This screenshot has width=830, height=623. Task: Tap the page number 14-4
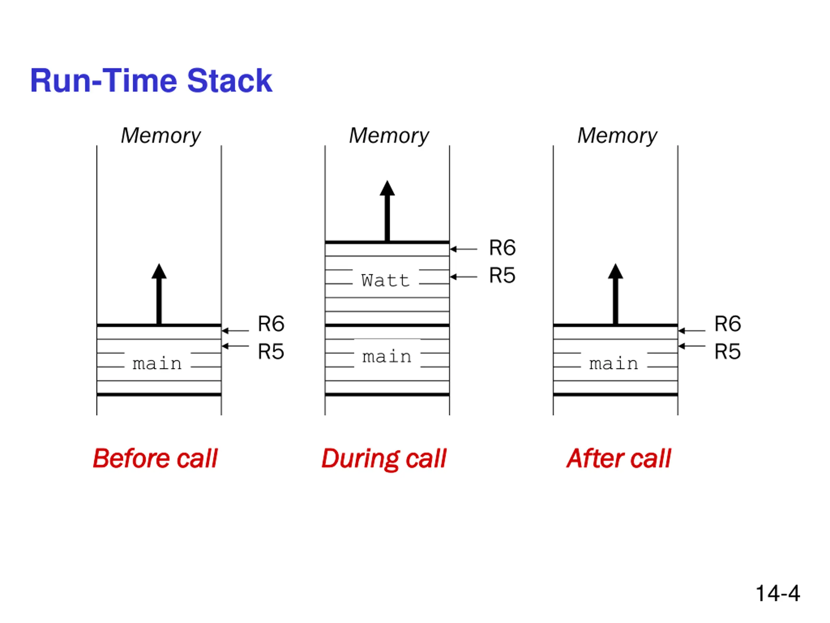coord(777,593)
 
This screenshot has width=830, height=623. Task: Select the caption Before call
coord(155,458)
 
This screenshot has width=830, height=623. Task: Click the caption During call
coord(384,459)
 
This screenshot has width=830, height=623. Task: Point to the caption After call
coord(618,458)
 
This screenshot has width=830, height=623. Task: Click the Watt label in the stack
coord(385,281)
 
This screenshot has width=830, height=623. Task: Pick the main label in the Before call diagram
coord(157,363)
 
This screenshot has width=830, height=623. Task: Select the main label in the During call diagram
coord(387,356)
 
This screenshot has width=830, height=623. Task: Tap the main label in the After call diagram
coord(613,363)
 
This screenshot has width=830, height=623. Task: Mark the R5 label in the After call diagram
coord(728,351)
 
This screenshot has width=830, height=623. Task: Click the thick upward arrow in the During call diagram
coord(387,211)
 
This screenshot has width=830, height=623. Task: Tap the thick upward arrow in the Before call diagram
coord(159,294)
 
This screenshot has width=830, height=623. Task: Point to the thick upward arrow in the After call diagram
coord(615,294)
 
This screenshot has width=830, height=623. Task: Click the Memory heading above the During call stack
coord(389,136)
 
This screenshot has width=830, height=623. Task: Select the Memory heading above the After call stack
coord(617,136)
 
